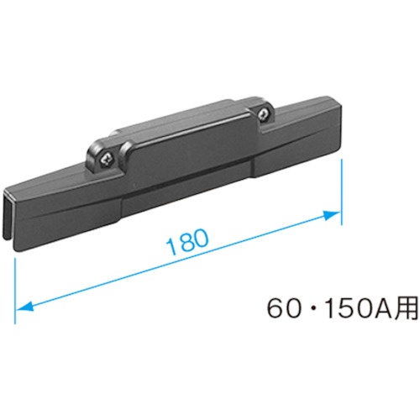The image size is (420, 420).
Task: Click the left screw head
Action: coord(108,160)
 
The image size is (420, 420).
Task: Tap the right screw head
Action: coord(264,114)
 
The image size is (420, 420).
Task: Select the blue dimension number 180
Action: coord(187,242)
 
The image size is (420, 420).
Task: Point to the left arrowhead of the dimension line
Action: coord(24,307)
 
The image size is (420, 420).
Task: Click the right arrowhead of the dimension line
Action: coord(332,215)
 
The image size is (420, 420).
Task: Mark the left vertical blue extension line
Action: coord(15,291)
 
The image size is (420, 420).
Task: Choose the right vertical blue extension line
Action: coord(341,192)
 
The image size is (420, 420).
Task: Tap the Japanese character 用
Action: coord(406,308)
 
